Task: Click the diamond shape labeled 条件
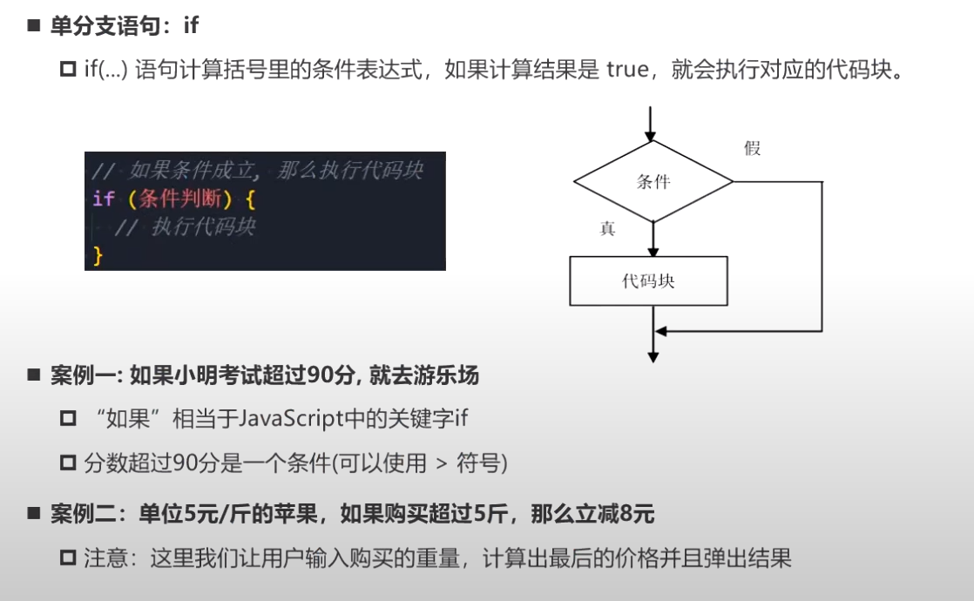(x=653, y=181)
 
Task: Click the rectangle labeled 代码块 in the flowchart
(x=649, y=281)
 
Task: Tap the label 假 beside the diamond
(x=753, y=148)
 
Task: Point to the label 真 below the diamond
(x=607, y=229)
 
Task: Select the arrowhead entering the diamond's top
(x=650, y=134)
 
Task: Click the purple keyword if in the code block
(x=104, y=199)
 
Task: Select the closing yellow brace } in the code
(x=98, y=255)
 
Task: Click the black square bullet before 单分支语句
(x=34, y=26)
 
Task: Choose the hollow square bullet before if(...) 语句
(x=68, y=70)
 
